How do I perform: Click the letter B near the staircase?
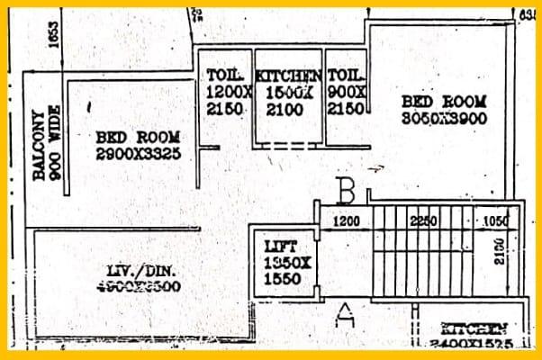click(x=345, y=191)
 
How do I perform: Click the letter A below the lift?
click(x=344, y=314)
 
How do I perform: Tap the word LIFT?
click(x=280, y=245)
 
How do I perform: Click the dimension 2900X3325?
click(x=139, y=154)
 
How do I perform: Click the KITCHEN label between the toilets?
click(x=288, y=76)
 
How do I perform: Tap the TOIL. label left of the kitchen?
click(x=222, y=75)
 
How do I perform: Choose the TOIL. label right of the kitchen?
click(x=346, y=75)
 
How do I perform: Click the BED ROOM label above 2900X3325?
click(x=139, y=137)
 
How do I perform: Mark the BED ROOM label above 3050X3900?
click(x=444, y=101)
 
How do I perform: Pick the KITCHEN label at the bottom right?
click(x=474, y=329)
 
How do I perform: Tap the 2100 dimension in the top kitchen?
click(x=286, y=109)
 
